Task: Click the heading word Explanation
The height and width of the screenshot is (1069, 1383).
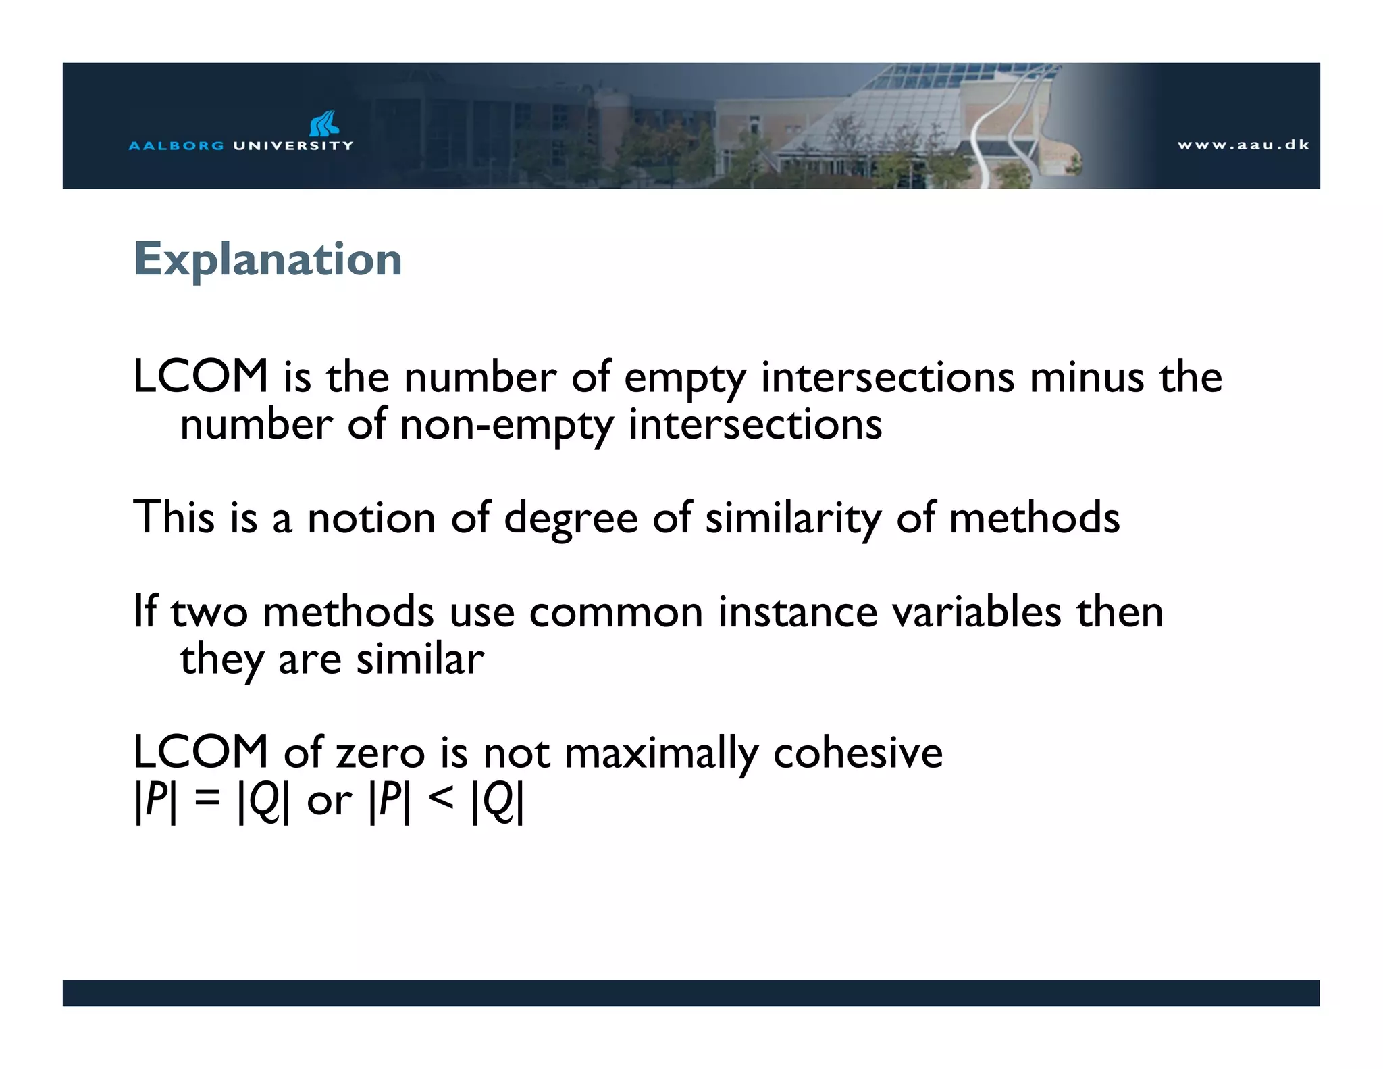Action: coord(268,259)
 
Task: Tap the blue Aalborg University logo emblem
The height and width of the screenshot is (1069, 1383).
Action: coord(323,124)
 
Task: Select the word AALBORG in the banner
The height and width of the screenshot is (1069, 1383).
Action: coord(176,145)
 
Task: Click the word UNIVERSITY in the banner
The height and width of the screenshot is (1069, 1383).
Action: coord(292,145)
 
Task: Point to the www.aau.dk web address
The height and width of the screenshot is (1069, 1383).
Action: coord(1243,145)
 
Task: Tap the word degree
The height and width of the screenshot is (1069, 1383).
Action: coord(571,518)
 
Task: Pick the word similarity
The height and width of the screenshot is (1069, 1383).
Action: coord(793,518)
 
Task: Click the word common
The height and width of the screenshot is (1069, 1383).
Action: coord(615,612)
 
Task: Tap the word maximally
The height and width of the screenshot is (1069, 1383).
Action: coord(661,754)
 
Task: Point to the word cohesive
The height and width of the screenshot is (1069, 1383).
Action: coord(858,753)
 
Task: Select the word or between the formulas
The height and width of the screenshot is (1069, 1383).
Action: coord(329,801)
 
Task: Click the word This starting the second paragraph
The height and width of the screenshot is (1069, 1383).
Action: coord(174,518)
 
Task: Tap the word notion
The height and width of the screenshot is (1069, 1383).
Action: coord(371,518)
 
